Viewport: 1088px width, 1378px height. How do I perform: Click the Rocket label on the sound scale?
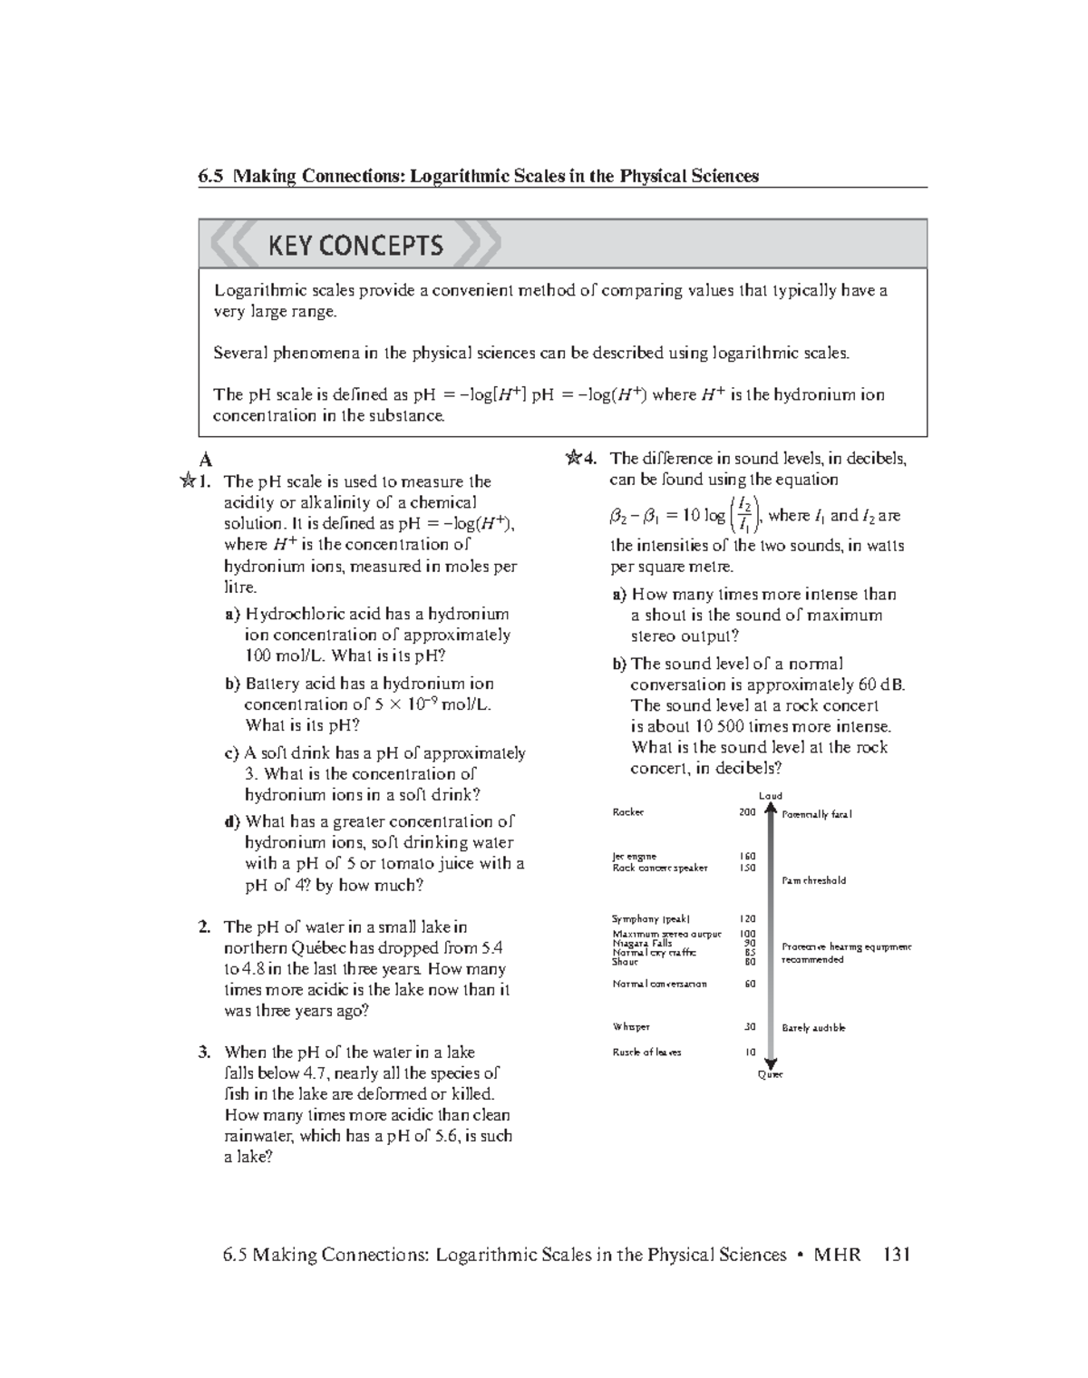click(x=627, y=812)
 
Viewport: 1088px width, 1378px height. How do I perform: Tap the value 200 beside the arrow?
click(x=747, y=812)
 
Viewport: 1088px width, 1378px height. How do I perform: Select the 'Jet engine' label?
click(x=634, y=856)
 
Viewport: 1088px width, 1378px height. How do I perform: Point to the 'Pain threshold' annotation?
click(x=813, y=880)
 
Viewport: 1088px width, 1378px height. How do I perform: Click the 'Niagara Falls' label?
click(x=642, y=943)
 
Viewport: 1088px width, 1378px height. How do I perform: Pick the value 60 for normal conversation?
click(x=750, y=984)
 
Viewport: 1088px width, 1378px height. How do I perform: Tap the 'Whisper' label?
click(x=631, y=1027)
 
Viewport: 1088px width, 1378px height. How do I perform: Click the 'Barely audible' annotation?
click(x=813, y=1028)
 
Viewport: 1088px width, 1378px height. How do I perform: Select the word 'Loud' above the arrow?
click(x=770, y=796)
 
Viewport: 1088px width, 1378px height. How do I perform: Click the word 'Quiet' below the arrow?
click(x=770, y=1074)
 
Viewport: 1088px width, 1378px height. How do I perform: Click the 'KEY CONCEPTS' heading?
click(x=355, y=245)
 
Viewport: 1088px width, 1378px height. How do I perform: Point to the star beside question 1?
click(x=188, y=481)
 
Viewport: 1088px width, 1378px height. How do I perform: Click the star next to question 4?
click(x=573, y=459)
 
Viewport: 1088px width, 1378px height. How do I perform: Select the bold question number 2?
click(x=205, y=927)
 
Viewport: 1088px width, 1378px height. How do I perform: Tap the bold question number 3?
click(x=205, y=1053)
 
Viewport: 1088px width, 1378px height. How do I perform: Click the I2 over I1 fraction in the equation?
click(x=743, y=514)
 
